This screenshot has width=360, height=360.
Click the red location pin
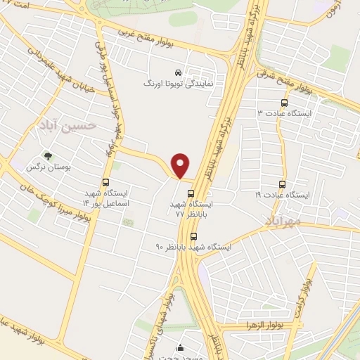pyautogui.click(x=181, y=165)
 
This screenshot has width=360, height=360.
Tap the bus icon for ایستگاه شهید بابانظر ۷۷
pyautogui.click(x=190, y=194)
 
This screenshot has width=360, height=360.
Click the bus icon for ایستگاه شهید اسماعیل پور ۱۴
pyautogui.click(x=105, y=182)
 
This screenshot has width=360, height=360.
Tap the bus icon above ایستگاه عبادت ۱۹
pyautogui.click(x=283, y=184)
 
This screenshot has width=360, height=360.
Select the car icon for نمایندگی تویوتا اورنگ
pyautogui.click(x=177, y=72)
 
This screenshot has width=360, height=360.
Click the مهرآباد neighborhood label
pyautogui.click(x=283, y=223)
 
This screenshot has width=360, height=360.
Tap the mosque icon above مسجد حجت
pyautogui.click(x=181, y=347)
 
